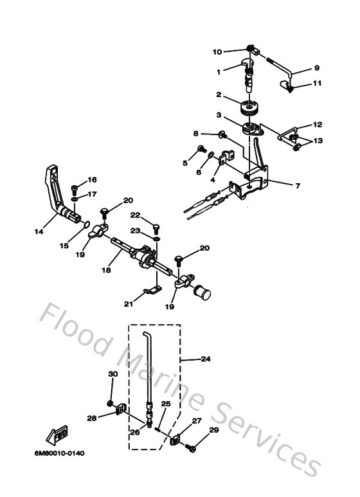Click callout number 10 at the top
pyautogui.click(x=217, y=51)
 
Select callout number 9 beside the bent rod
pyautogui.click(x=316, y=68)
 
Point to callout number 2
pyautogui.click(x=219, y=95)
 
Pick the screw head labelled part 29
pyautogui.click(x=192, y=449)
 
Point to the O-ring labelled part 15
pyautogui.click(x=82, y=222)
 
